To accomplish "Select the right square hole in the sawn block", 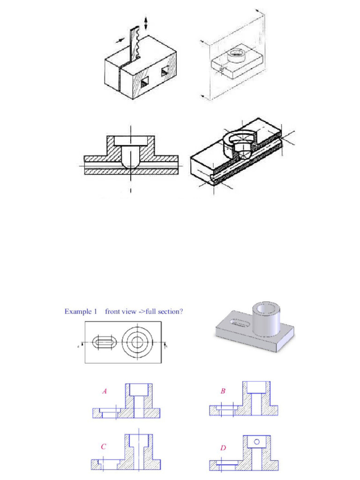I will point(165,71).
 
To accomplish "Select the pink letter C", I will point(104,447).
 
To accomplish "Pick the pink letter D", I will point(223,449).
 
